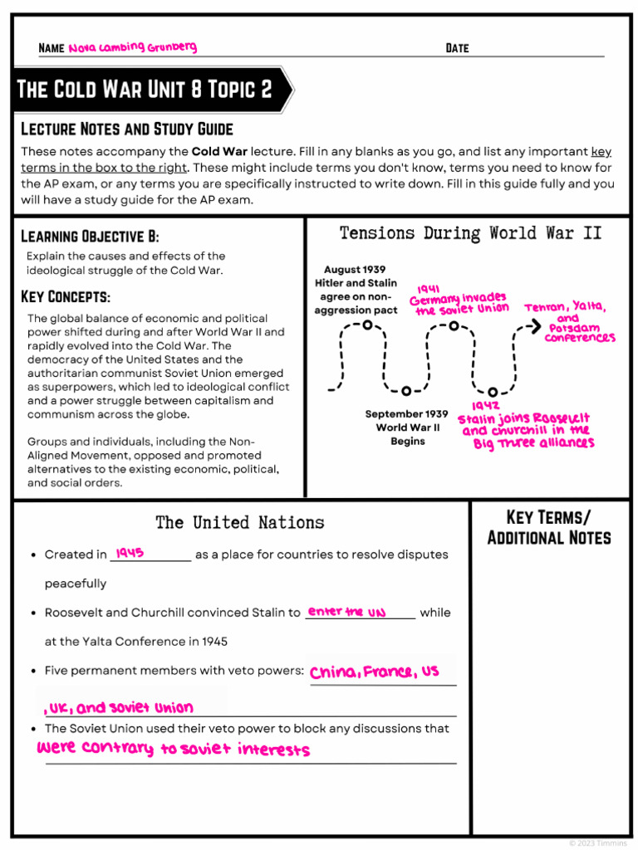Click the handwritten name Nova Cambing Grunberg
[133, 47]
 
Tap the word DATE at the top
[457, 48]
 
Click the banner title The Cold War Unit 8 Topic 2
[145, 90]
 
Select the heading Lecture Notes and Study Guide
[126, 129]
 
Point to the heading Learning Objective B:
[89, 236]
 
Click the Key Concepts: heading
[65, 296]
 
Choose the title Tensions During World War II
[470, 233]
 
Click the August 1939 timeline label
[355, 290]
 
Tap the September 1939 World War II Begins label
[407, 427]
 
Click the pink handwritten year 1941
[429, 289]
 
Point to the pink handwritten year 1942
[485, 406]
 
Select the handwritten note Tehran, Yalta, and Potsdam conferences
[569, 323]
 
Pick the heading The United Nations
[239, 522]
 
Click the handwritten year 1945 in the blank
[130, 553]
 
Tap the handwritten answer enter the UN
[346, 612]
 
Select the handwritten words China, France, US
[374, 672]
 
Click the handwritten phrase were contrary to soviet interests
[174, 748]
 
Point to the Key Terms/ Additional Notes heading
[548, 527]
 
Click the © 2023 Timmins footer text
[599, 843]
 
